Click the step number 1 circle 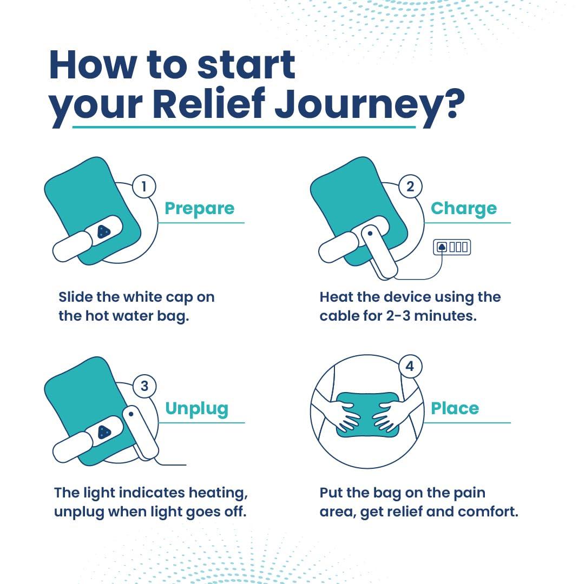point(143,187)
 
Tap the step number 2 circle point(410,187)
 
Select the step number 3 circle point(144,386)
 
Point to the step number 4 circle point(410,367)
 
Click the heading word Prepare point(199,209)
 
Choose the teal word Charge point(463,209)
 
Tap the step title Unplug point(197,409)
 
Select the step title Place point(455,409)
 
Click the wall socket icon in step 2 point(452,248)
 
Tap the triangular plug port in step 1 point(103,232)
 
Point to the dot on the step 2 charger point(370,234)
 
